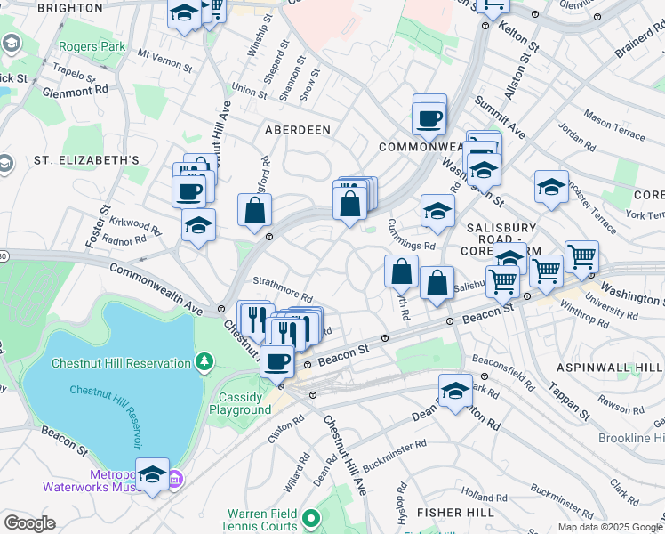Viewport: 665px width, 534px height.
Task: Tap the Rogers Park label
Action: (x=87, y=46)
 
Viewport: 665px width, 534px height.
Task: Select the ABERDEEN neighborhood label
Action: (x=298, y=130)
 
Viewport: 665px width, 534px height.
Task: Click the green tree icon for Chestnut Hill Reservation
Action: (x=205, y=362)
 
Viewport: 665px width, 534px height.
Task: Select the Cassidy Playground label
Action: (x=239, y=403)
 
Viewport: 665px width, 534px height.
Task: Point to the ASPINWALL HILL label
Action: (x=610, y=368)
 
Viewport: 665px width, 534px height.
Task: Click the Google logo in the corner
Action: (x=28, y=522)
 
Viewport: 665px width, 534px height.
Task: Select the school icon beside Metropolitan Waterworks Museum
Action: (x=152, y=473)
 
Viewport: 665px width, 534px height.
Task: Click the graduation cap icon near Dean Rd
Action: (x=454, y=390)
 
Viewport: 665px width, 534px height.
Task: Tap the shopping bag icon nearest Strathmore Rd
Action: (x=254, y=211)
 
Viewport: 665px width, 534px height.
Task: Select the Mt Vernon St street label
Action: (x=164, y=61)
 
